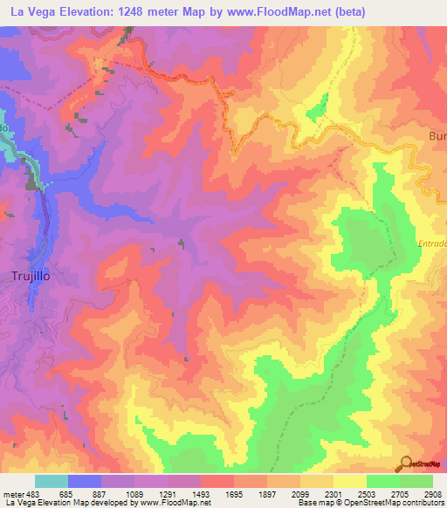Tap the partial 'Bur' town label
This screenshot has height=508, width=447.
tap(437, 136)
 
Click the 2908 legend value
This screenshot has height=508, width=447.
tap(434, 493)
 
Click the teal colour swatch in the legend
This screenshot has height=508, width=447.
tap(51, 481)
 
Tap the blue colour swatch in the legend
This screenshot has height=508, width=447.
tap(85, 481)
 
